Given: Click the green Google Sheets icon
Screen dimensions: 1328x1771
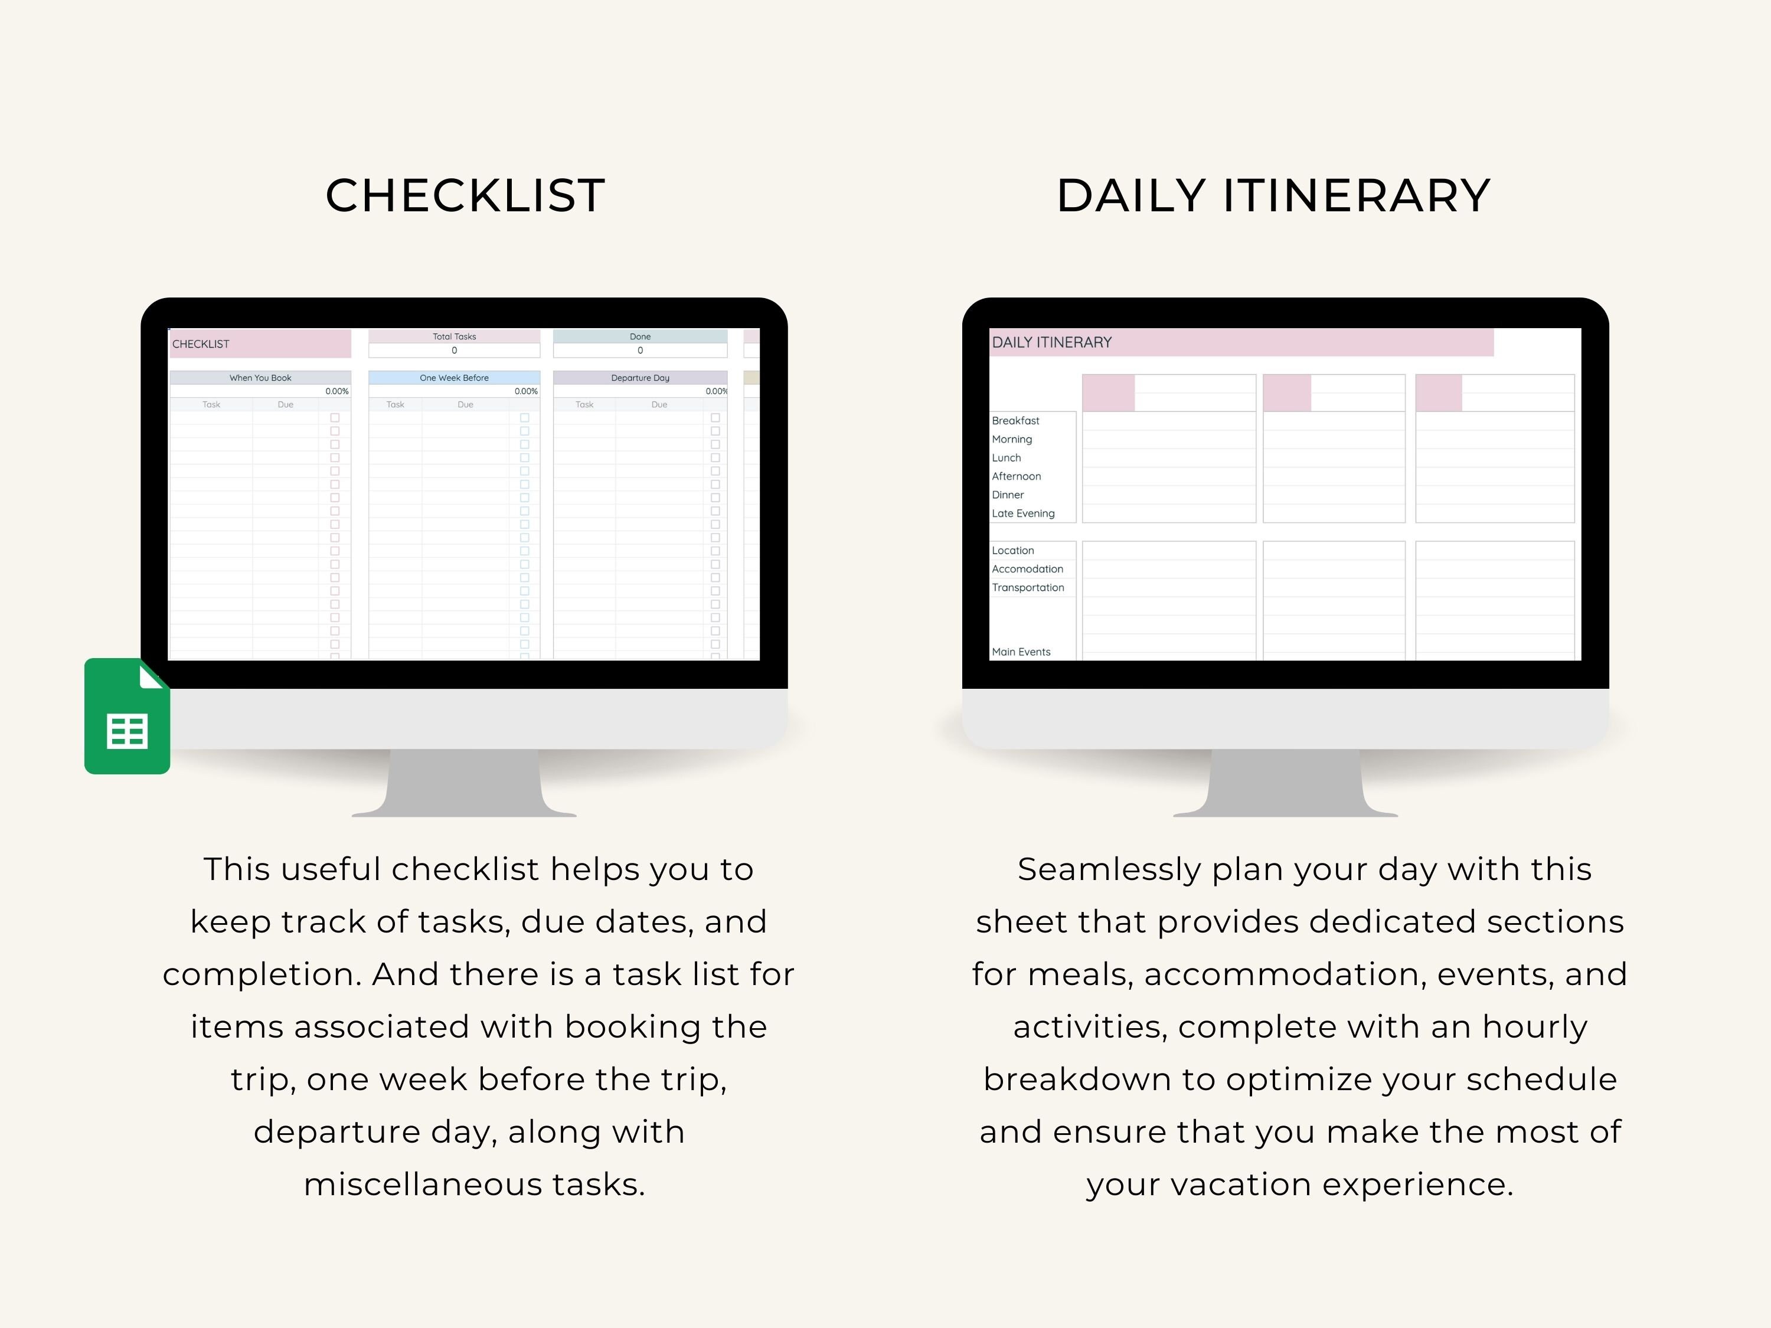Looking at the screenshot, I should pyautogui.click(x=128, y=717).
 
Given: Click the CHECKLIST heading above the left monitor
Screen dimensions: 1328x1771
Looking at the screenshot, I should pyautogui.click(x=465, y=195).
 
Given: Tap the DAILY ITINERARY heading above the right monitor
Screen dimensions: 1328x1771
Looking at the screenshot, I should pyautogui.click(x=1273, y=195).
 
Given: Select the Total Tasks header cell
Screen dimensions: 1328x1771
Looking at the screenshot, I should pyautogui.click(x=454, y=337).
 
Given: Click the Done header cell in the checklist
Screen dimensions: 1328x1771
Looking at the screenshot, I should pyautogui.click(x=640, y=337).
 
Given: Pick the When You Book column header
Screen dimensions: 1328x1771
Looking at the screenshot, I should pyautogui.click(x=260, y=378).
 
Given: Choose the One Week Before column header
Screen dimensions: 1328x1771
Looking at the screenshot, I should pyautogui.click(x=454, y=378).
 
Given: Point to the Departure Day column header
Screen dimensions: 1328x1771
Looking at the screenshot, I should pyautogui.click(x=640, y=378).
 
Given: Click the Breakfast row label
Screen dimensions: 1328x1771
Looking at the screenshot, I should pyautogui.click(x=1015, y=421).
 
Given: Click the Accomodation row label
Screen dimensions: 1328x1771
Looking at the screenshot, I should pyautogui.click(x=1027, y=569).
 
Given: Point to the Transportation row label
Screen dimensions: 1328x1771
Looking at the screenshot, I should pyautogui.click(x=1027, y=587).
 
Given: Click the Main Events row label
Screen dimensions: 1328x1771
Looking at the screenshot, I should pyautogui.click(x=1021, y=652).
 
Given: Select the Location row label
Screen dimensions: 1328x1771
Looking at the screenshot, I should pyautogui.click(x=1013, y=551).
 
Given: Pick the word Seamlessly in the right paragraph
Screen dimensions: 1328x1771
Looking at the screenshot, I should pyautogui.click(x=1108, y=869).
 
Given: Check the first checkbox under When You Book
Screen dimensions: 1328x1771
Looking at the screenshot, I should pyautogui.click(x=335, y=418).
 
